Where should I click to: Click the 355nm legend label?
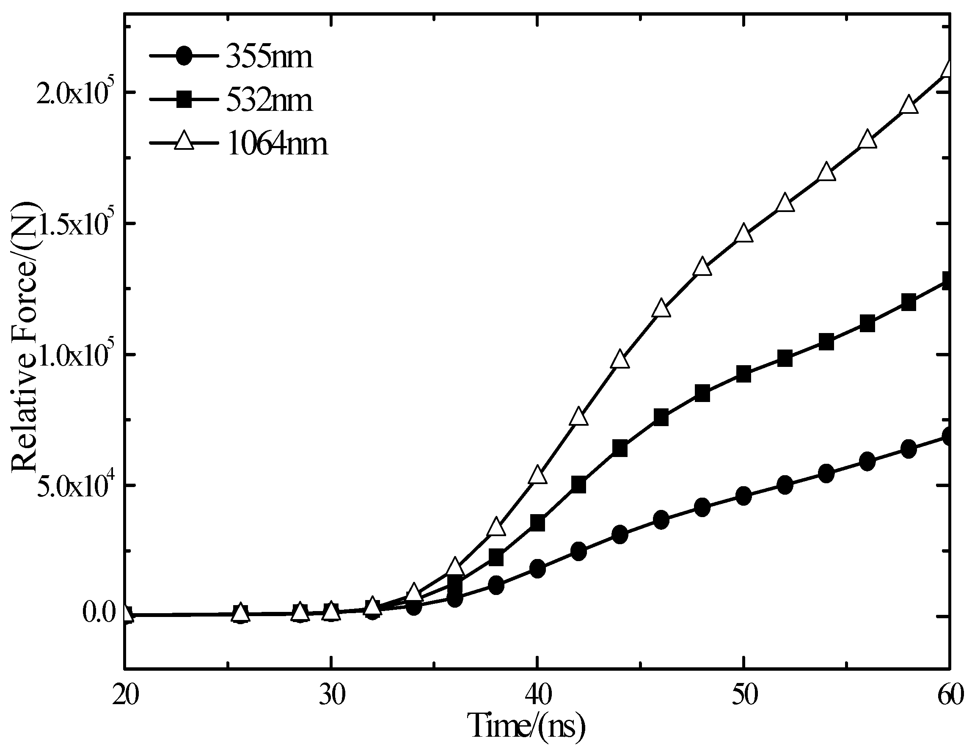point(269,58)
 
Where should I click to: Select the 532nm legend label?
point(269,101)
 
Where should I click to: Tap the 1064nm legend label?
point(277,144)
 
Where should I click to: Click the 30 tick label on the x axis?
point(332,694)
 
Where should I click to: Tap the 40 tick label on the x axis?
point(538,694)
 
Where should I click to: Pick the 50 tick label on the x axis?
point(743,694)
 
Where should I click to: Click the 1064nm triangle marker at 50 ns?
point(743,234)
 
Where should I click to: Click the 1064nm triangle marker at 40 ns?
point(538,475)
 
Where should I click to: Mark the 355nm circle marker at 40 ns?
point(538,569)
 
